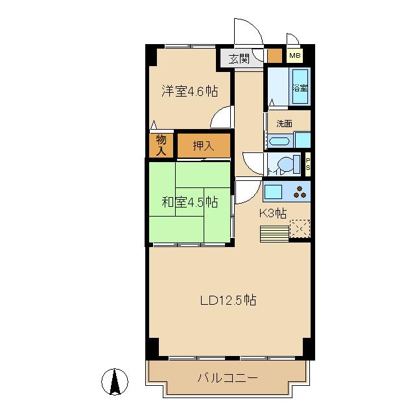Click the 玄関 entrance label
[x=238, y=58]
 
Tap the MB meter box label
[x=294, y=56]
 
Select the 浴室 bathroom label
[x=300, y=88]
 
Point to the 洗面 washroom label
[x=284, y=123]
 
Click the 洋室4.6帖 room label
[x=189, y=91]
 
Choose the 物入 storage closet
[x=161, y=145]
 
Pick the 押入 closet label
[x=204, y=145]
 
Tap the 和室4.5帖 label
[x=189, y=202]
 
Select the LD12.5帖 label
[x=228, y=300]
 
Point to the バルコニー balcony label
[x=228, y=378]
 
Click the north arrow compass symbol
[x=115, y=381]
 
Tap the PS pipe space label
[x=307, y=163]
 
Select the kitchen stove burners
[x=300, y=192]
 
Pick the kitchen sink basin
[x=273, y=192]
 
